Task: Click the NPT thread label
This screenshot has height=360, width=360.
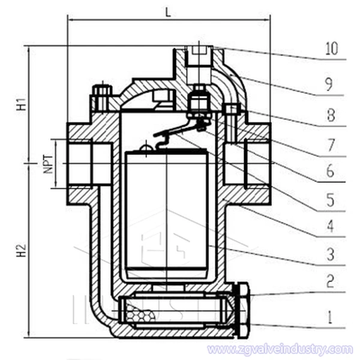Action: coord(49,163)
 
